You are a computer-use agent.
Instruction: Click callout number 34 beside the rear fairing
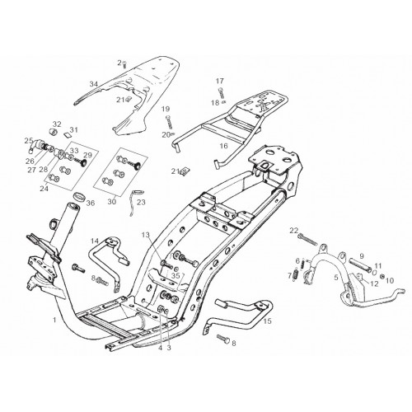(94, 84)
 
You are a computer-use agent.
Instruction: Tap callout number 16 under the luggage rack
(224, 146)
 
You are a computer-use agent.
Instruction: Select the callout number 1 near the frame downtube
(54, 320)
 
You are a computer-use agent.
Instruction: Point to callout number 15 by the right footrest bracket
(267, 321)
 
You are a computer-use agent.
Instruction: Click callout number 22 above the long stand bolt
(293, 230)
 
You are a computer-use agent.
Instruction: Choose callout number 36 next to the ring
(91, 203)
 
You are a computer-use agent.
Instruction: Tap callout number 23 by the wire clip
(141, 203)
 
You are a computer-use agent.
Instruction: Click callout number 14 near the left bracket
(95, 241)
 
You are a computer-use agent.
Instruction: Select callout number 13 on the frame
(146, 235)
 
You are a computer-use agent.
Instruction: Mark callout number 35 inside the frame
(176, 275)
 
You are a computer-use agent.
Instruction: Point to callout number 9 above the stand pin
(362, 256)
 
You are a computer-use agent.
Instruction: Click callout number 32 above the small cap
(57, 124)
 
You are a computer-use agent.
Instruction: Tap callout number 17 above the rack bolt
(220, 81)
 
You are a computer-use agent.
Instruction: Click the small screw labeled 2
(124, 65)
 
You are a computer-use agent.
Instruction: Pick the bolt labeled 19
(169, 122)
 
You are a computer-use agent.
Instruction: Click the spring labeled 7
(296, 275)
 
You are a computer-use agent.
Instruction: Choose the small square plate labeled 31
(68, 134)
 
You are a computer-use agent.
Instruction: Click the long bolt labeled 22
(307, 239)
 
